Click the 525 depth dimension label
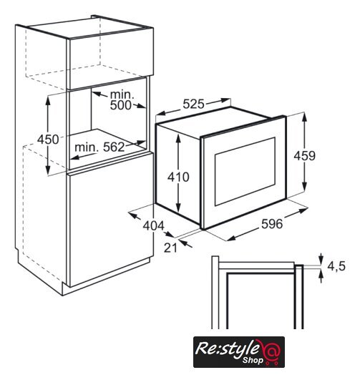pyautogui.click(x=193, y=104)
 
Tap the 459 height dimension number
pyautogui.click(x=304, y=156)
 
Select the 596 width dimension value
pyautogui.click(x=272, y=224)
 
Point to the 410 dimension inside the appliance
pyautogui.click(x=178, y=177)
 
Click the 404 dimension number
pyautogui.click(x=154, y=225)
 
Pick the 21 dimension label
pyautogui.click(x=170, y=248)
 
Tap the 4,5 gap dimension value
pyautogui.click(x=336, y=266)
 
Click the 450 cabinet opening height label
pyautogui.click(x=48, y=139)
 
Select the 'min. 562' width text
pyautogui.click(x=99, y=147)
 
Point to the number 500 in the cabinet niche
pyautogui.click(x=121, y=105)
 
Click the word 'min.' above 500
pyautogui.click(x=122, y=95)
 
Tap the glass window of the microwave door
pyautogui.click(x=245, y=171)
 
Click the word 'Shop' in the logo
pyautogui.click(x=253, y=360)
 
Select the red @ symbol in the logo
pyautogui.click(x=271, y=351)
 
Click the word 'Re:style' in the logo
pyautogui.click(x=227, y=349)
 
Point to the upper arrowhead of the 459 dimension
pyautogui.click(x=304, y=117)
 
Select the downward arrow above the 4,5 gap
pyautogui.click(x=321, y=258)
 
